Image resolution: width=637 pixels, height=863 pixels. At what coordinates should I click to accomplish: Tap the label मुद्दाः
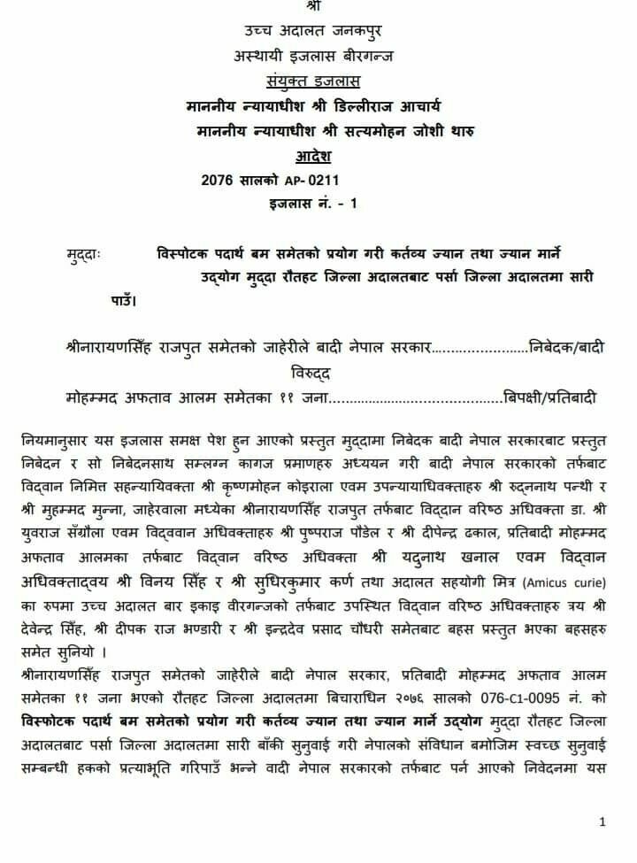pos(83,255)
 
